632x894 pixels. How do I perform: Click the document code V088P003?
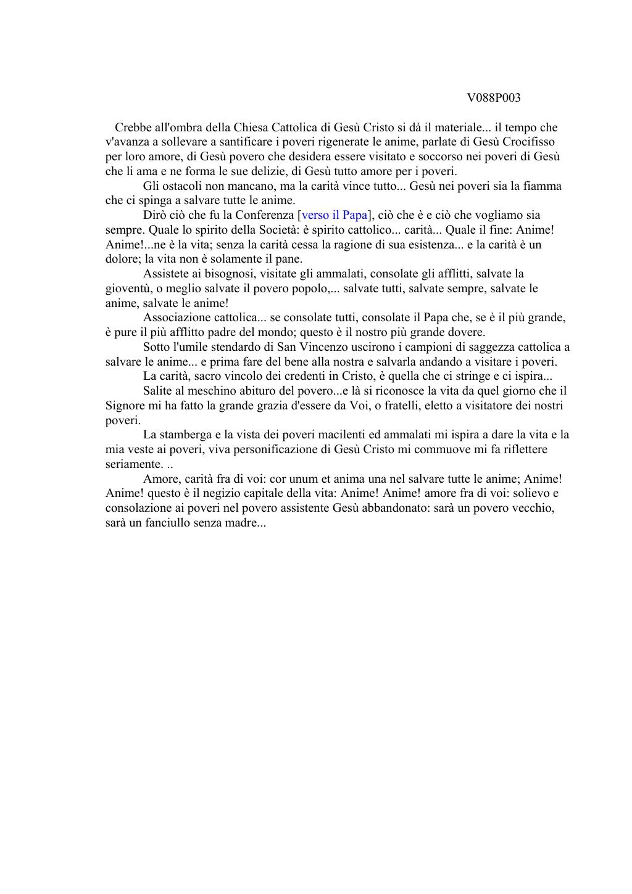click(493, 98)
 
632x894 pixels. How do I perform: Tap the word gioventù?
click(127, 289)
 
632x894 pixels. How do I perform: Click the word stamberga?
click(188, 435)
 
